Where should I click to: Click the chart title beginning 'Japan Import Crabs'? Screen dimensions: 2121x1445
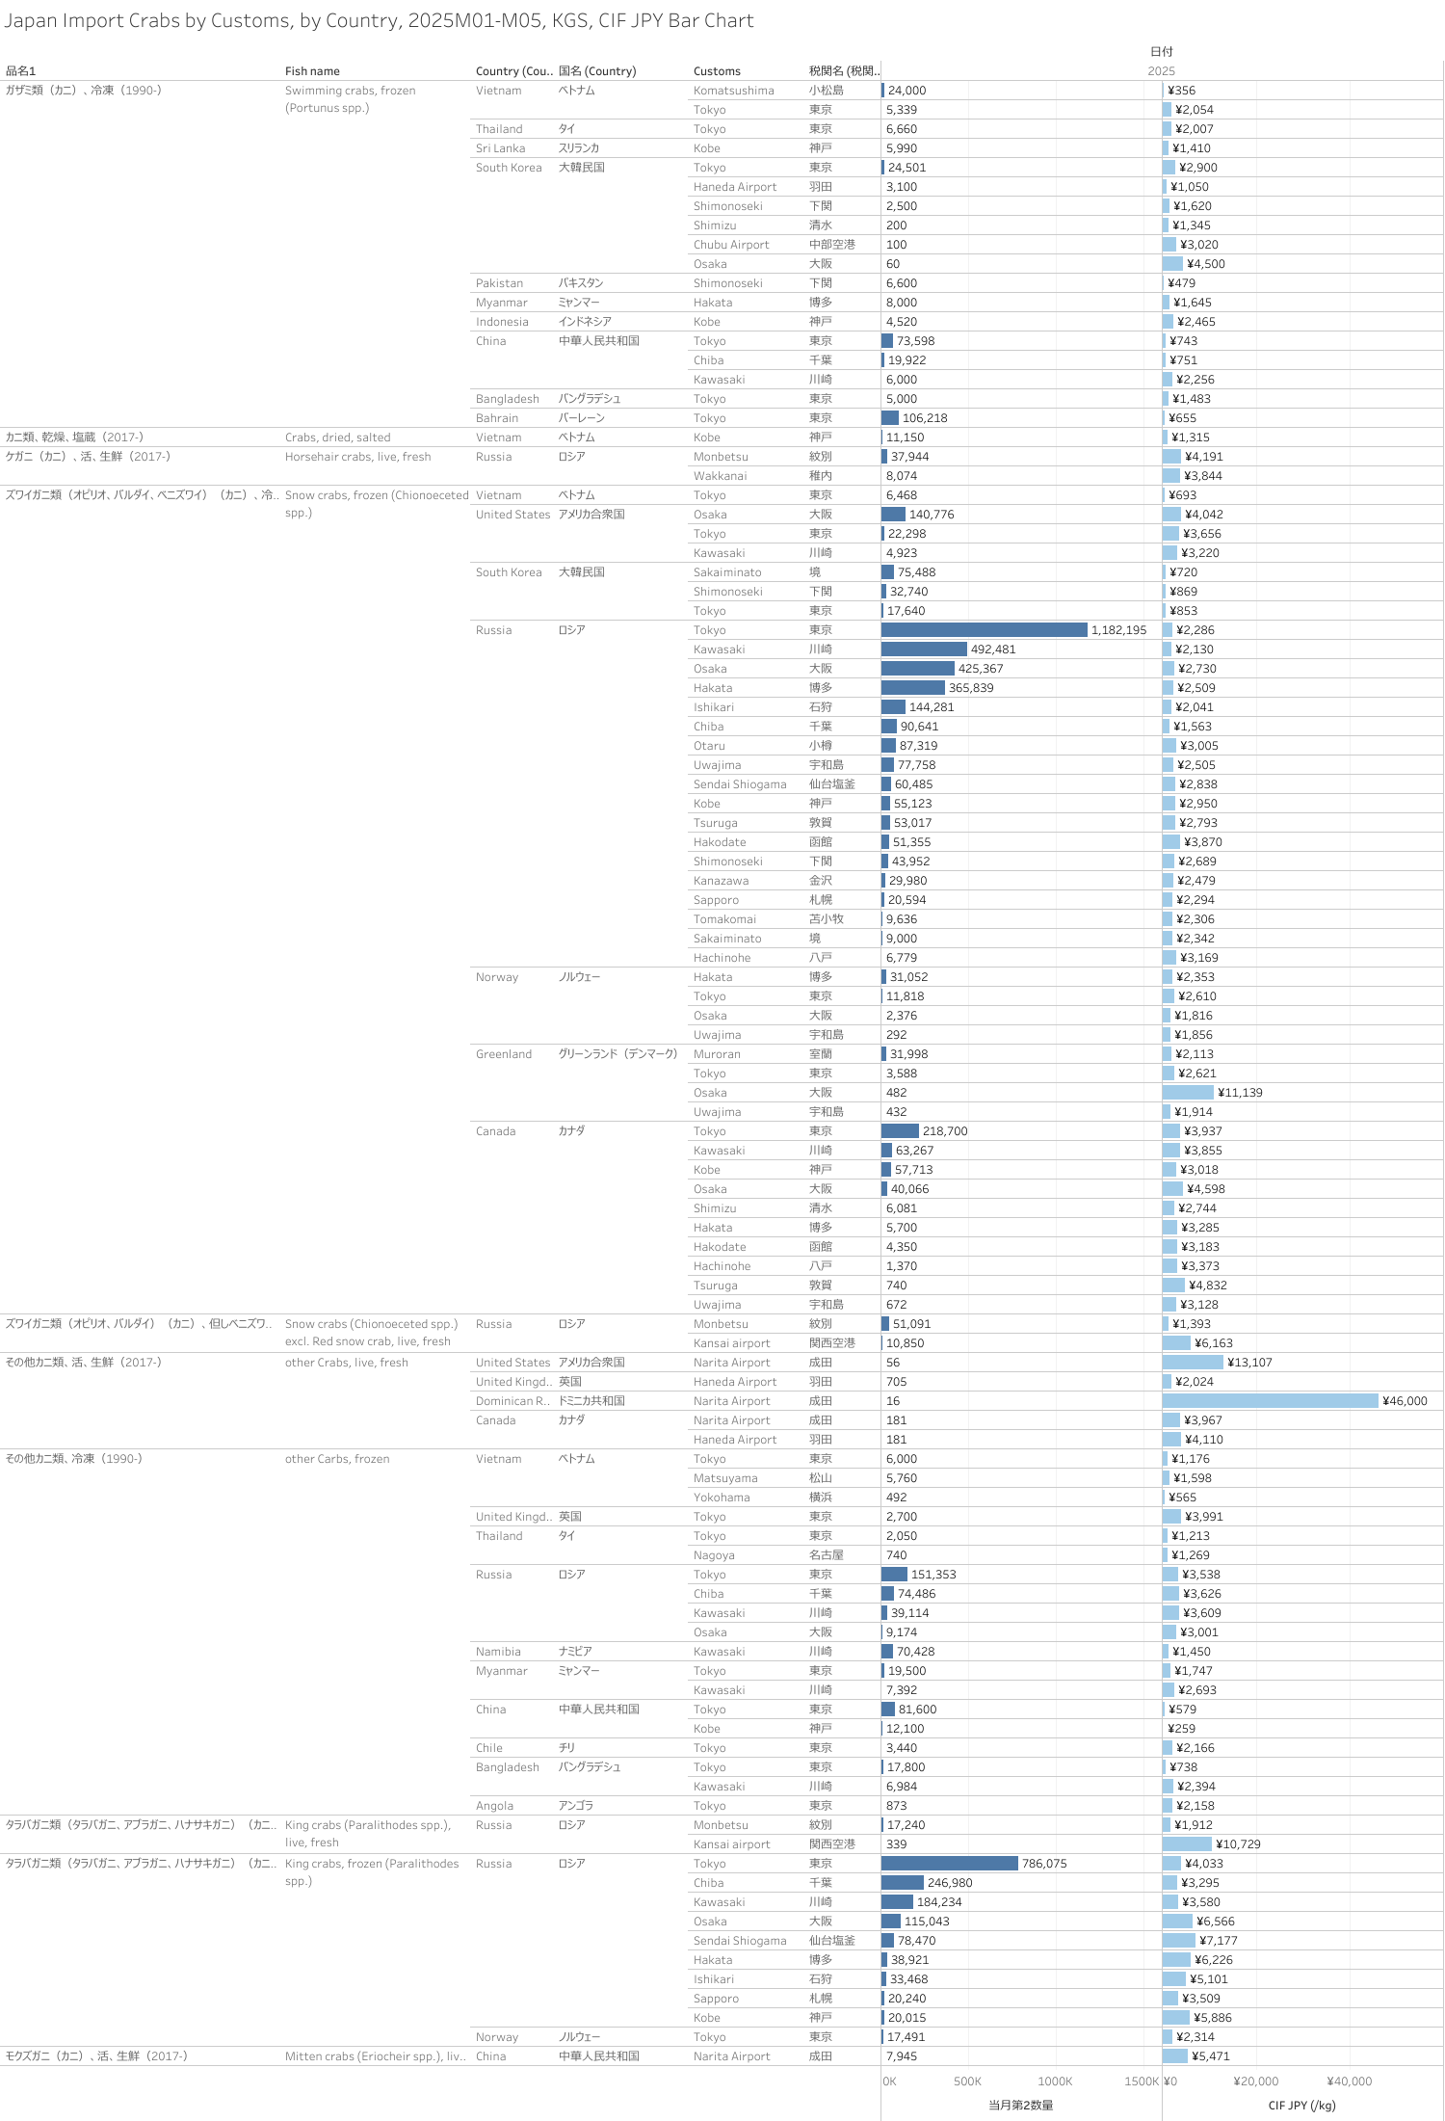tap(379, 21)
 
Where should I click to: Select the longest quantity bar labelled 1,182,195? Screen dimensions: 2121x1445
tap(984, 630)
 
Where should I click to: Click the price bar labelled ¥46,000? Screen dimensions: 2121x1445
tap(1270, 1401)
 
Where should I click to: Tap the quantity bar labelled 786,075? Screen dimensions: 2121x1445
tap(949, 1864)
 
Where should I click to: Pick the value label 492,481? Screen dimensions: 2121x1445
tap(993, 650)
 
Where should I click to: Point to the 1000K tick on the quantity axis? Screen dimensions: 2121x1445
tap(1055, 2081)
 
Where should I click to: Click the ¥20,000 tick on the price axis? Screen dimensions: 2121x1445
tap(1255, 2081)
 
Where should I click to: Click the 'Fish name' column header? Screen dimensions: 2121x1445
tap(312, 71)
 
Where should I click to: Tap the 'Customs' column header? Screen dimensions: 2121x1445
tap(717, 71)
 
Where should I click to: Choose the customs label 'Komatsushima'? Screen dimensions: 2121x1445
tap(733, 91)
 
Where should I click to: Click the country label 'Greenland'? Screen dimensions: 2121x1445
tap(503, 1054)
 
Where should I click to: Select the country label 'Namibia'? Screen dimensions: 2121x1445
tap(498, 1652)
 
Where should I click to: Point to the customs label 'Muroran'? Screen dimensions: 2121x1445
tap(717, 1054)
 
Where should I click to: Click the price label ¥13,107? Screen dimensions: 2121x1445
tap(1249, 1363)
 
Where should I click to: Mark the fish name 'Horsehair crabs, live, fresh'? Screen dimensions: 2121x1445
tap(357, 457)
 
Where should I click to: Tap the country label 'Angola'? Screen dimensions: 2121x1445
tap(494, 1806)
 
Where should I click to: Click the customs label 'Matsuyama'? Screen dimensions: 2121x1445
tap(725, 1478)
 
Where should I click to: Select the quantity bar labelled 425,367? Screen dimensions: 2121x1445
tap(917, 669)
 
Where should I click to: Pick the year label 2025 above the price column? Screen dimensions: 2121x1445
tap(1161, 71)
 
